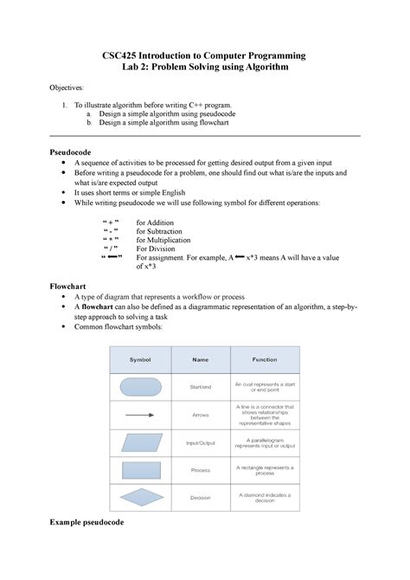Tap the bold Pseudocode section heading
[78, 151]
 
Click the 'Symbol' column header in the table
[140, 358]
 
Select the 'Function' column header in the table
[265, 358]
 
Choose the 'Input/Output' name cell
[201, 442]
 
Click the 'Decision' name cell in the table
[201, 498]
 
